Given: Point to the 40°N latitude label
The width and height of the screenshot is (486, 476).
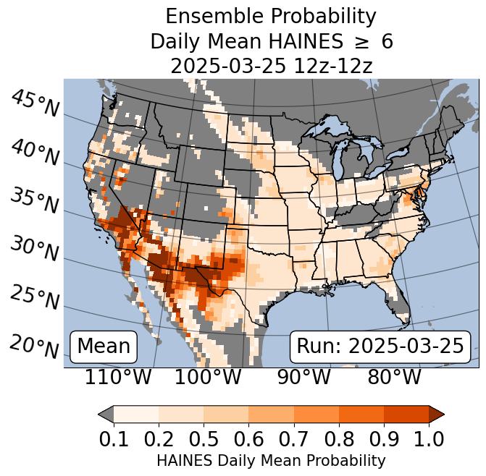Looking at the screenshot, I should click(35, 152).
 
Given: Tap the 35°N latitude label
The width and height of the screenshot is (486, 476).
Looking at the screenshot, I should click(35, 200).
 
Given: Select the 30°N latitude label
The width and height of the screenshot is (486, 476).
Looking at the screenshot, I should click(35, 249).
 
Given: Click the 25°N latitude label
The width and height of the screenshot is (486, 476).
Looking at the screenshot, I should click(35, 297).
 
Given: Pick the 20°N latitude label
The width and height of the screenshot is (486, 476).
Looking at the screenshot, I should click(35, 346).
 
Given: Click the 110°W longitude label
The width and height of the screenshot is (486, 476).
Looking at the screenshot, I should click(118, 377).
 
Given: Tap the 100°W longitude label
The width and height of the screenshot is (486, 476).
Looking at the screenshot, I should click(208, 377).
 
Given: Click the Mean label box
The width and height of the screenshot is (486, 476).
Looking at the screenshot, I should click(104, 347).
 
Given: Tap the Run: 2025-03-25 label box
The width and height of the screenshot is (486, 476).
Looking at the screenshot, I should click(380, 347).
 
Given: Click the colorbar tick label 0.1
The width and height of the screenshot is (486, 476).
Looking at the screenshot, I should click(114, 439).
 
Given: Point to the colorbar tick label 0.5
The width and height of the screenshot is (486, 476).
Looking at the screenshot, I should click(204, 439).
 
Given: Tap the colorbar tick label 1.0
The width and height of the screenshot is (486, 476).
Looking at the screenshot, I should click(428, 439).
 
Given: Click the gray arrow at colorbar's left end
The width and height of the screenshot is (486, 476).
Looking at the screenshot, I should click(106, 415).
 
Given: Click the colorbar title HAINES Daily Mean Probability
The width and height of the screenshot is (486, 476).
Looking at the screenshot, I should click(271, 461).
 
